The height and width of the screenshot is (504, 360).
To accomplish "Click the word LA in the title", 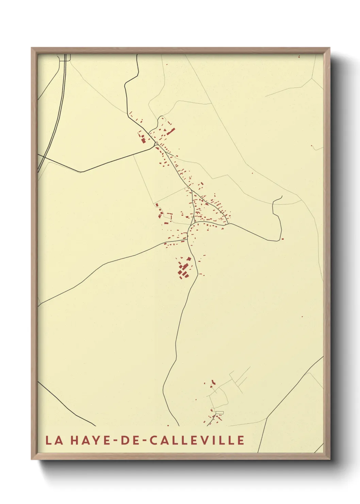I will point(54,440).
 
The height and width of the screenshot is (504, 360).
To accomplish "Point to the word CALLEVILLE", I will point(197,440).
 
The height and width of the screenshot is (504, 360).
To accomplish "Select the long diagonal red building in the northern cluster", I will point(171,131).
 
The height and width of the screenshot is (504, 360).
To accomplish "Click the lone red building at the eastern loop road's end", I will point(282,239).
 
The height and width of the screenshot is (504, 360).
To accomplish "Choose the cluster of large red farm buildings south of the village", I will point(184,269).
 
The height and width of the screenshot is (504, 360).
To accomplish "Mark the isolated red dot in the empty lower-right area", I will point(302,317).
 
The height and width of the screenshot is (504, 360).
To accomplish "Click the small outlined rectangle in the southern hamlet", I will point(220,413).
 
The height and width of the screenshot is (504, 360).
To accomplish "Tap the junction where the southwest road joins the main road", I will point(188,239).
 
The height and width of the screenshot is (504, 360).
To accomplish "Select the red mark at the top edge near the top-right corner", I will point(299,56).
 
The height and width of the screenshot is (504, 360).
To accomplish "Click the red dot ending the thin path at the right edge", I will point(312,146).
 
